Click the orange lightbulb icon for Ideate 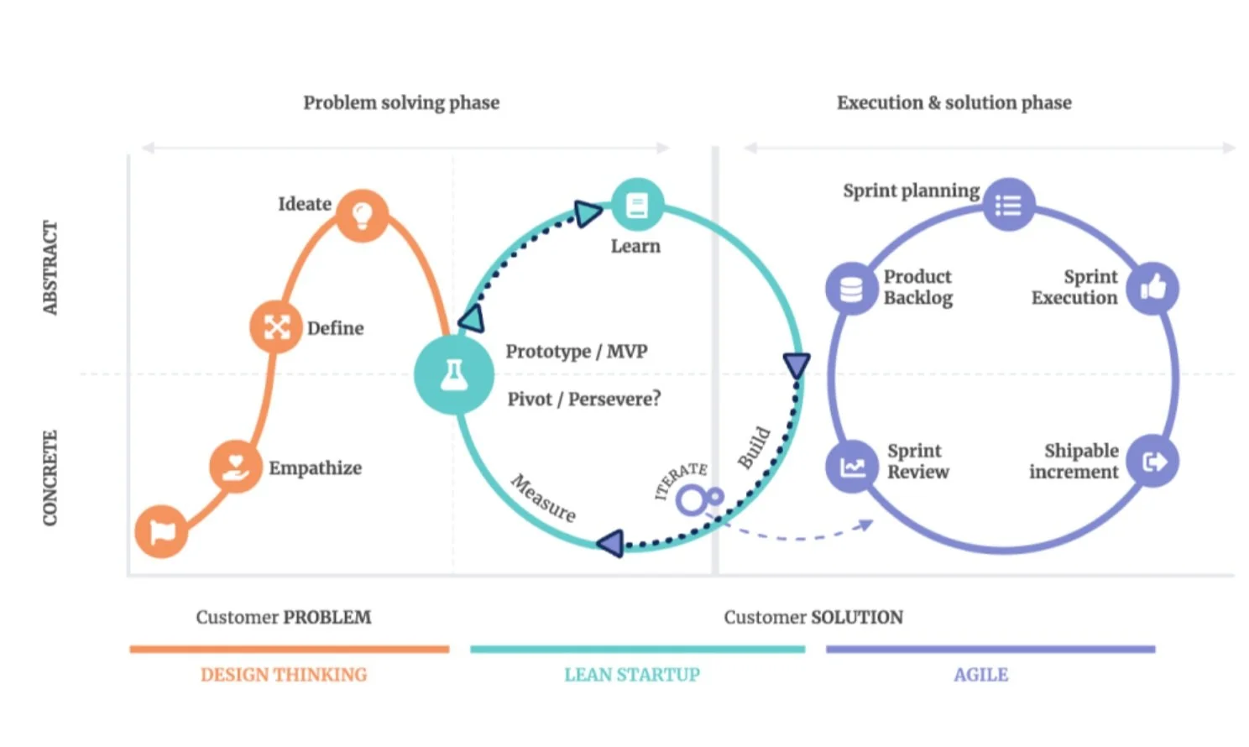[362, 216]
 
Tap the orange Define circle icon [276, 326]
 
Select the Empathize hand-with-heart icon [236, 466]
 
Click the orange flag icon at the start [161, 531]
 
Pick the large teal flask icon [454, 374]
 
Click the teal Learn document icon [637, 205]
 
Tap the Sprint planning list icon [1008, 205]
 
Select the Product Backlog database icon [851, 290]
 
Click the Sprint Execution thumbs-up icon [1152, 289]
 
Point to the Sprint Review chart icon [852, 466]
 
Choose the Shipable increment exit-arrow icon [1153, 461]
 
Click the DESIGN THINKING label [284, 675]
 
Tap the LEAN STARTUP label [631, 675]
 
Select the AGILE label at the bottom [980, 675]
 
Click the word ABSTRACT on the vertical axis [50, 268]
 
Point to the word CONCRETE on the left [50, 478]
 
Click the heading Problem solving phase [401, 102]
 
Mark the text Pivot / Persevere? [583, 399]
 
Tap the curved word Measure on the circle [544, 499]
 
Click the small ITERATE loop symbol [698, 499]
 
